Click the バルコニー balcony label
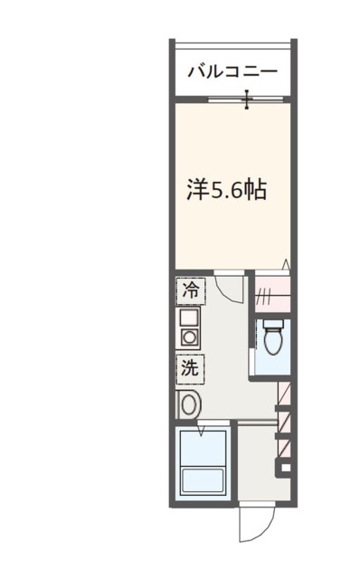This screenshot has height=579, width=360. (232, 71)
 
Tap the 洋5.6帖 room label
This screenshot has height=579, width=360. (225, 191)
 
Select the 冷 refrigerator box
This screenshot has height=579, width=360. (191, 291)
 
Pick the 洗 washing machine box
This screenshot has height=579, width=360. (190, 368)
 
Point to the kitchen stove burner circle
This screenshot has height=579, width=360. (190, 338)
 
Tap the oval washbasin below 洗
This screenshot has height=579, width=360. (190, 404)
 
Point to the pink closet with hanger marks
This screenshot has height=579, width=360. (270, 295)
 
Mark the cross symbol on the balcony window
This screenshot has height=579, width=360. (247, 98)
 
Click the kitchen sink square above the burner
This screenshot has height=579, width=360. (190, 318)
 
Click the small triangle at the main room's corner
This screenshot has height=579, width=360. (285, 263)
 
